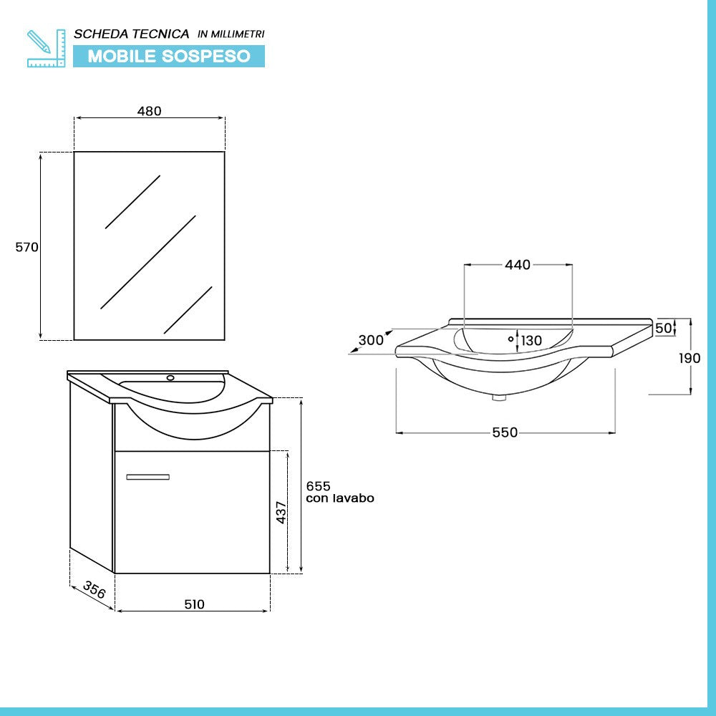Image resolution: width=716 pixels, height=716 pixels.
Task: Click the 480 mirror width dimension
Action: pyautogui.click(x=149, y=111)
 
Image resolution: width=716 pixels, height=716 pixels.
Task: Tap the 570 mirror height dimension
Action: pyautogui.click(x=26, y=247)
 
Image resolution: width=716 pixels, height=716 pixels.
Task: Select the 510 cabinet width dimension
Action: pyautogui.click(x=194, y=604)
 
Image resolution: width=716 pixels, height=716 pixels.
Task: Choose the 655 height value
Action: pyautogui.click(x=318, y=486)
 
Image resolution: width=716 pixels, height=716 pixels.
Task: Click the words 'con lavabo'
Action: pyautogui.click(x=339, y=498)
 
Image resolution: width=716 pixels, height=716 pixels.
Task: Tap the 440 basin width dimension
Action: pyautogui.click(x=518, y=265)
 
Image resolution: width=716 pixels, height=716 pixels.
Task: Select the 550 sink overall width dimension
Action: pyautogui.click(x=505, y=432)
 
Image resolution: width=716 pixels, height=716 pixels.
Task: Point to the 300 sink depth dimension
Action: pyautogui.click(x=371, y=340)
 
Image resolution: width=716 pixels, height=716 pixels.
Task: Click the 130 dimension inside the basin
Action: pyautogui.click(x=531, y=341)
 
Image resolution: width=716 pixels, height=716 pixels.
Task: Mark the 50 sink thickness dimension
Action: pyautogui.click(x=664, y=328)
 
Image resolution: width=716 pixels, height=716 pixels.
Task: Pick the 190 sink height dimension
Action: pyautogui.click(x=690, y=358)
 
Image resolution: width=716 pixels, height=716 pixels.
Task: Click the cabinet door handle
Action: pyautogui.click(x=147, y=477)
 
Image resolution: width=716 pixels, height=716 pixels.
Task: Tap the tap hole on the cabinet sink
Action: pyautogui.click(x=170, y=377)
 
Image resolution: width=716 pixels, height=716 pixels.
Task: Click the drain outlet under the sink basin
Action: pyautogui.click(x=499, y=397)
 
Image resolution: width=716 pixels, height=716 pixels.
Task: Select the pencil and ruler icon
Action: pyautogui.click(x=46, y=48)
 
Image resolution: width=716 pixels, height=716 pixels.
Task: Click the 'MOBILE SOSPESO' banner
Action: pyautogui.click(x=169, y=57)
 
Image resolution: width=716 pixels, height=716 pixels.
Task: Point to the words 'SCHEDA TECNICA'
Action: pyautogui.click(x=132, y=34)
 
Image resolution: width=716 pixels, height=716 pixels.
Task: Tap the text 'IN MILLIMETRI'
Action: pyautogui.click(x=231, y=34)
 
